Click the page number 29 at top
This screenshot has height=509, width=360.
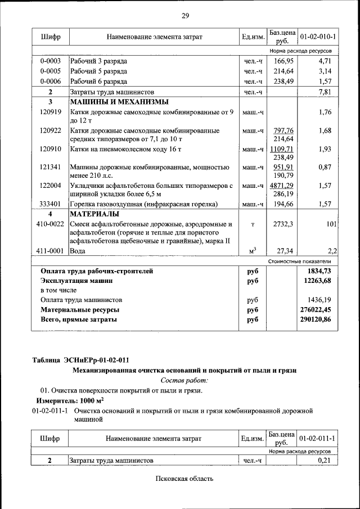(x=184, y=15)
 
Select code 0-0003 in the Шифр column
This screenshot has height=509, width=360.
(x=50, y=61)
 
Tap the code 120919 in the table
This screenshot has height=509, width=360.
(x=50, y=112)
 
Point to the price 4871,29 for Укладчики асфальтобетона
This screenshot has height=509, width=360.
(x=284, y=185)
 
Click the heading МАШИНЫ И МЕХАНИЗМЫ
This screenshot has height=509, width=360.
(x=118, y=102)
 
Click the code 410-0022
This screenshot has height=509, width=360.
(x=50, y=224)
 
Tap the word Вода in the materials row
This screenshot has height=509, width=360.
(x=78, y=251)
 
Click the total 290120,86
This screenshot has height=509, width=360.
(x=316, y=319)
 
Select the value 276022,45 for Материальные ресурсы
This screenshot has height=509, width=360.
(x=316, y=309)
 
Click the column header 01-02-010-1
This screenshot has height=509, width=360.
(x=318, y=37)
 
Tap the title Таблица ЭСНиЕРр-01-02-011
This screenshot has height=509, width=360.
(x=83, y=359)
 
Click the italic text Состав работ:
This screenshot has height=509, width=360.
(x=184, y=380)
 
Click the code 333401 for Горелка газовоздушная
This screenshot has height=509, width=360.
(x=50, y=204)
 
